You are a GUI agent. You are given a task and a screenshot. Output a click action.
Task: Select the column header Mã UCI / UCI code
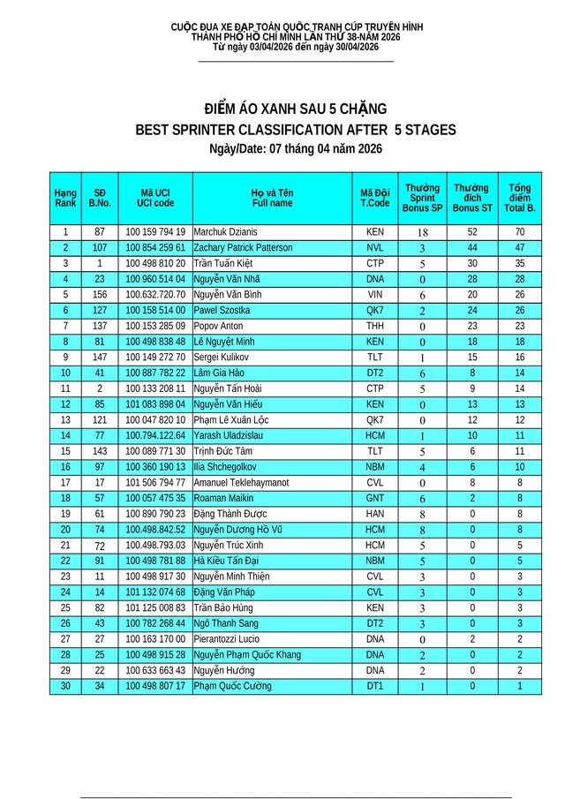pos(155,197)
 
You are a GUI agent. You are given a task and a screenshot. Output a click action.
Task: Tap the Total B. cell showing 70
pos(520,232)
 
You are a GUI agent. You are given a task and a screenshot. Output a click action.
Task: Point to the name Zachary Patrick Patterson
pos(243,248)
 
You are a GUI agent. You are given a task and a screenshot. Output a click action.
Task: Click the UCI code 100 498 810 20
pos(155,263)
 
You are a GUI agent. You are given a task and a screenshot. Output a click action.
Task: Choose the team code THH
pos(375,326)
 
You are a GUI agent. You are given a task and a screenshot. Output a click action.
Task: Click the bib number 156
pos(100,294)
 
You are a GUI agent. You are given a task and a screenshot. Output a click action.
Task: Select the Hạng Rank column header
pos(65,197)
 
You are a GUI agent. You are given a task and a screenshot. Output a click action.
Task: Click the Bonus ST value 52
pos(472,232)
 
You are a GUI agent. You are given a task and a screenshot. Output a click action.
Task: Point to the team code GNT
pos(375,498)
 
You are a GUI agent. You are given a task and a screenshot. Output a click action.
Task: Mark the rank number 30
pos(65,686)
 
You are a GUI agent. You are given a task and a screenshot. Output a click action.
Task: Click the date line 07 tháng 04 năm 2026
pos(295,150)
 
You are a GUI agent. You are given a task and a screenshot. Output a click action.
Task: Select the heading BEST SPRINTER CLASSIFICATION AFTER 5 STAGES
pos(295,130)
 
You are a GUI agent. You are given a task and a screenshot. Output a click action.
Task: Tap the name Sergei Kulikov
pos(221,357)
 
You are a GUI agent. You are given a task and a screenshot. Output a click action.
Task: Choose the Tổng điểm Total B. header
pos(520,197)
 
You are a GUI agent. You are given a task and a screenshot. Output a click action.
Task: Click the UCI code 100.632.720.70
pos(155,294)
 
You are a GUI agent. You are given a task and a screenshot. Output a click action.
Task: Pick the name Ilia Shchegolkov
pos(225,467)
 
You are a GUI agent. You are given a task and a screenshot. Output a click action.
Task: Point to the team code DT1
pos(375,686)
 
